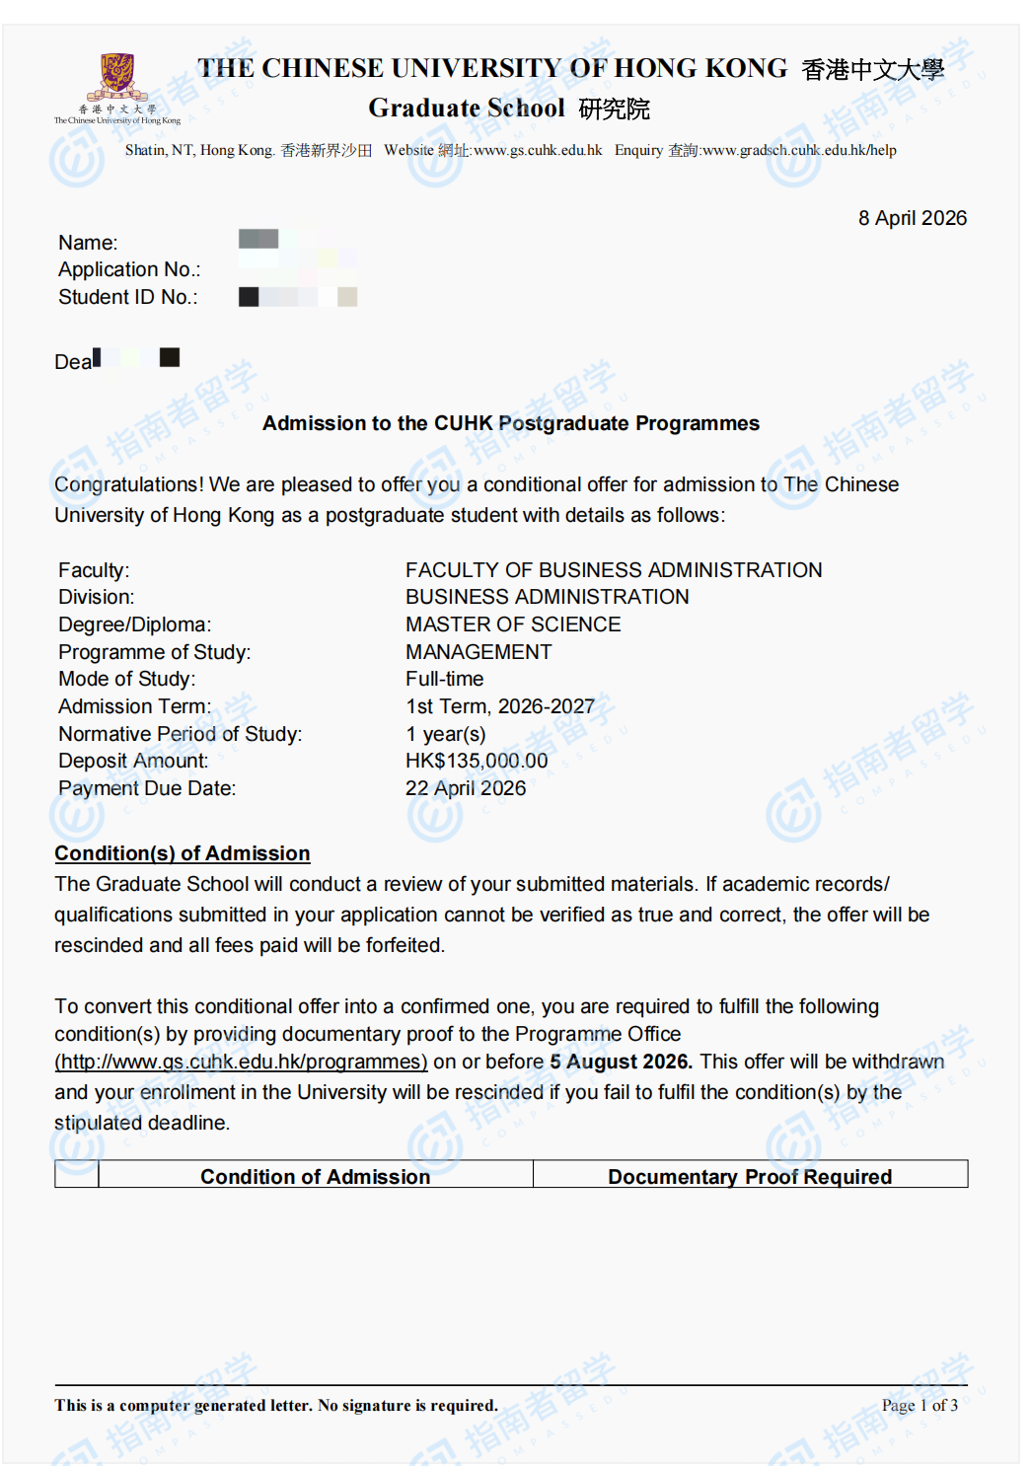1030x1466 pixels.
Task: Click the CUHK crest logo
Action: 116,77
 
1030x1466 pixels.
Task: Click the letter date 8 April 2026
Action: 912,218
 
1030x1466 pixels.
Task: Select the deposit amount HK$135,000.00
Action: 477,761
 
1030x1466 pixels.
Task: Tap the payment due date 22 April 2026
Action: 466,788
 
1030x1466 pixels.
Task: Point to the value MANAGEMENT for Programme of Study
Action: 478,652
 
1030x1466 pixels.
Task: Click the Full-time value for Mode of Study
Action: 444,679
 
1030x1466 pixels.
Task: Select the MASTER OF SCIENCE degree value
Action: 513,624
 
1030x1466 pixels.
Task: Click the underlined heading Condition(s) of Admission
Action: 183,853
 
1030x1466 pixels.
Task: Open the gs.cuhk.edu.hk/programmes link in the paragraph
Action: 242,1062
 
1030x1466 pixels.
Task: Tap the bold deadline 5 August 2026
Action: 621,1062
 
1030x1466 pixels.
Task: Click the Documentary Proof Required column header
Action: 750,1176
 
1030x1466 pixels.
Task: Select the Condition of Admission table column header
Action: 315,1176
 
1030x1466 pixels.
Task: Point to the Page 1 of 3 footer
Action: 920,1405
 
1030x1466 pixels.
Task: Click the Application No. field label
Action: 129,269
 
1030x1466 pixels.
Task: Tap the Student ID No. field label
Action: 127,297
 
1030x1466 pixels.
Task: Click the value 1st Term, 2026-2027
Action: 500,706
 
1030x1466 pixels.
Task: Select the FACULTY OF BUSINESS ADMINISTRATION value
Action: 614,570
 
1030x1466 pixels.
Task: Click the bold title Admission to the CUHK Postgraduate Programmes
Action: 511,423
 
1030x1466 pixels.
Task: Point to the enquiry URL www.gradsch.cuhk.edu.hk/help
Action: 799,150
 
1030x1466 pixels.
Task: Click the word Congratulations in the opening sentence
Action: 128,484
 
